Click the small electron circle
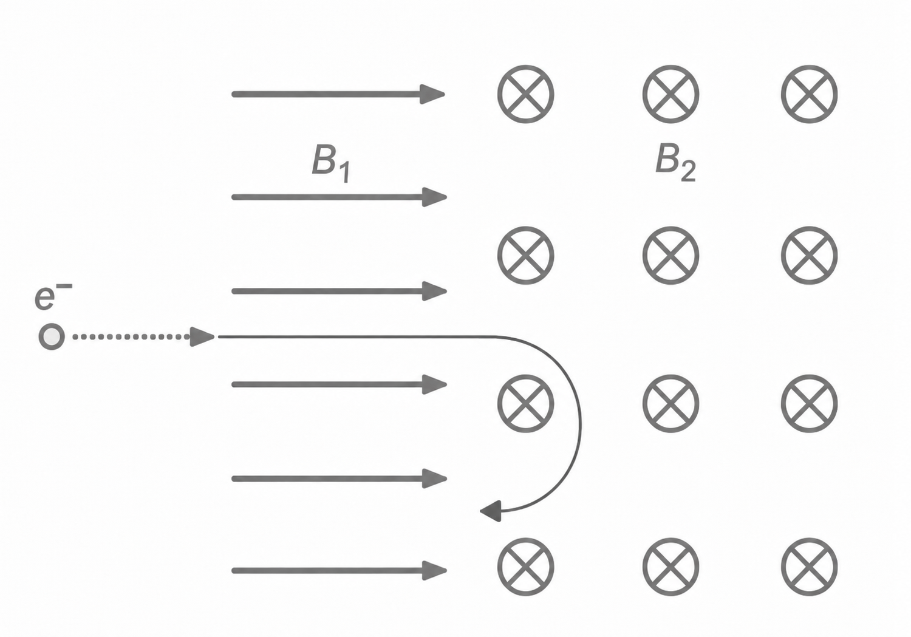tap(52, 336)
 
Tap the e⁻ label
tap(53, 297)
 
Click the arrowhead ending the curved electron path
tap(491, 511)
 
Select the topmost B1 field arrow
tap(338, 94)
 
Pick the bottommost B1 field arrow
tap(339, 571)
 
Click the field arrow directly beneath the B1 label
tap(339, 197)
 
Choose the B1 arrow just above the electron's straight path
tap(339, 291)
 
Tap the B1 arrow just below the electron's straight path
tap(339, 384)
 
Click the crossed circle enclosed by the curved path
tap(525, 403)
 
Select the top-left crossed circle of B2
tap(525, 94)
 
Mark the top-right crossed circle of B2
tap(810, 94)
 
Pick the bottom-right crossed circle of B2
tap(810, 567)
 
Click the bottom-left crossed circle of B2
tap(525, 567)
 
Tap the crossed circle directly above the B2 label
tap(670, 94)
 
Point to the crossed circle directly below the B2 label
tap(670, 255)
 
